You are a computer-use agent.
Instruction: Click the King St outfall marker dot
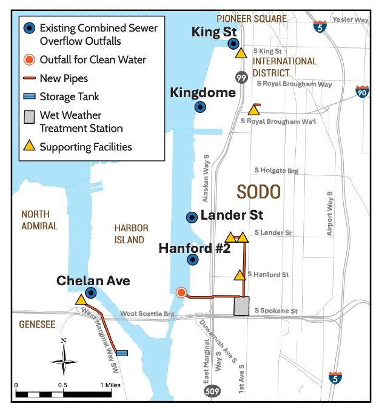[233, 43]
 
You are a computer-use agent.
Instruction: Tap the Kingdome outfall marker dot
[200, 107]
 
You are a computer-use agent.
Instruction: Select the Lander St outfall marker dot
[192, 217]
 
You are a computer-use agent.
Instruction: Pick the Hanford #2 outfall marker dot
[193, 260]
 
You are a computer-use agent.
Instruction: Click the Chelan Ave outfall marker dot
[91, 292]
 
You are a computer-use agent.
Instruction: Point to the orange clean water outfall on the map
[181, 293]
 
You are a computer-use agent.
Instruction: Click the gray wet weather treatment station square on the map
[242, 306]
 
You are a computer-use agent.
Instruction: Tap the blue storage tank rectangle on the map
[122, 353]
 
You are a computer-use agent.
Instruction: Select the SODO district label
[258, 192]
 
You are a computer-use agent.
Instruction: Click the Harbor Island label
[131, 234]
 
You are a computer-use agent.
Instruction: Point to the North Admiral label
[39, 220]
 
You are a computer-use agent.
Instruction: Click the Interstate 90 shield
[363, 92]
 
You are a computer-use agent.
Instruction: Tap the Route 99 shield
[241, 76]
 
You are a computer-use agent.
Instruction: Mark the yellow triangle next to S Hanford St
[240, 275]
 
